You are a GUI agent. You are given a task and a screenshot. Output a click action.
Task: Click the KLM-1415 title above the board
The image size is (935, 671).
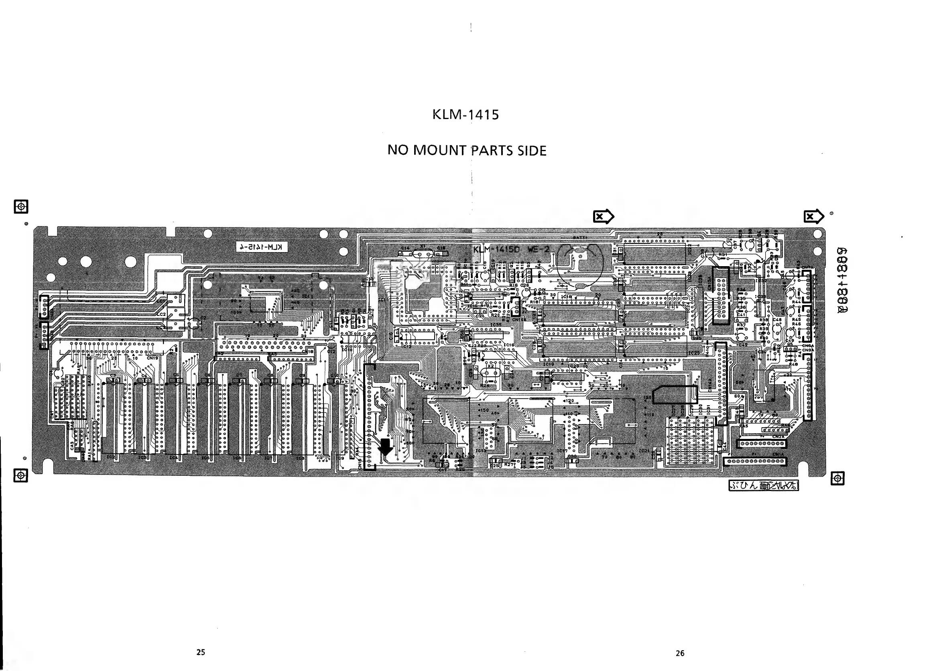pos(465,115)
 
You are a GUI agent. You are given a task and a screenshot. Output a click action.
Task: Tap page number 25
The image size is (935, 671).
pos(201,652)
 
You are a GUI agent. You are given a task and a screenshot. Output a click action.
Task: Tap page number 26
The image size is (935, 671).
pos(680,653)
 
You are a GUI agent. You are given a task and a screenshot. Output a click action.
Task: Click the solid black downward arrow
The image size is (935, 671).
pos(386,447)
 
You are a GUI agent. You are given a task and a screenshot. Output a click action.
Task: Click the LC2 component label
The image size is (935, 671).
pos(161,314)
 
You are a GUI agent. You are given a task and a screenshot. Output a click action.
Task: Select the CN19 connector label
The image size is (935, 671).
pos(152,358)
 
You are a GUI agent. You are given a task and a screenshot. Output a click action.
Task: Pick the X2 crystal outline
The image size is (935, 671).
pos(491,372)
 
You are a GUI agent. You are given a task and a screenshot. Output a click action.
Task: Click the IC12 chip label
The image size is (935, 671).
pos(407,346)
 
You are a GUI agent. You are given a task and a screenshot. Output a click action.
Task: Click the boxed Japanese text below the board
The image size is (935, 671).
pos(764,486)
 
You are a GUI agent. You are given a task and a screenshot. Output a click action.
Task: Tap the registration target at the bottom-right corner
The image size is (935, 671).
pos(837,478)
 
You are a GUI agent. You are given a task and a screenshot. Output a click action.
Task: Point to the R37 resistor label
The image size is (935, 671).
pos(741,325)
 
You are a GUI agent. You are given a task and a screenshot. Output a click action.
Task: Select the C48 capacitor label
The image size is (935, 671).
pos(777,319)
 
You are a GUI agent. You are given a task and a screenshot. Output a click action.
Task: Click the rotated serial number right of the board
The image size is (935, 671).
pos(843,281)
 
